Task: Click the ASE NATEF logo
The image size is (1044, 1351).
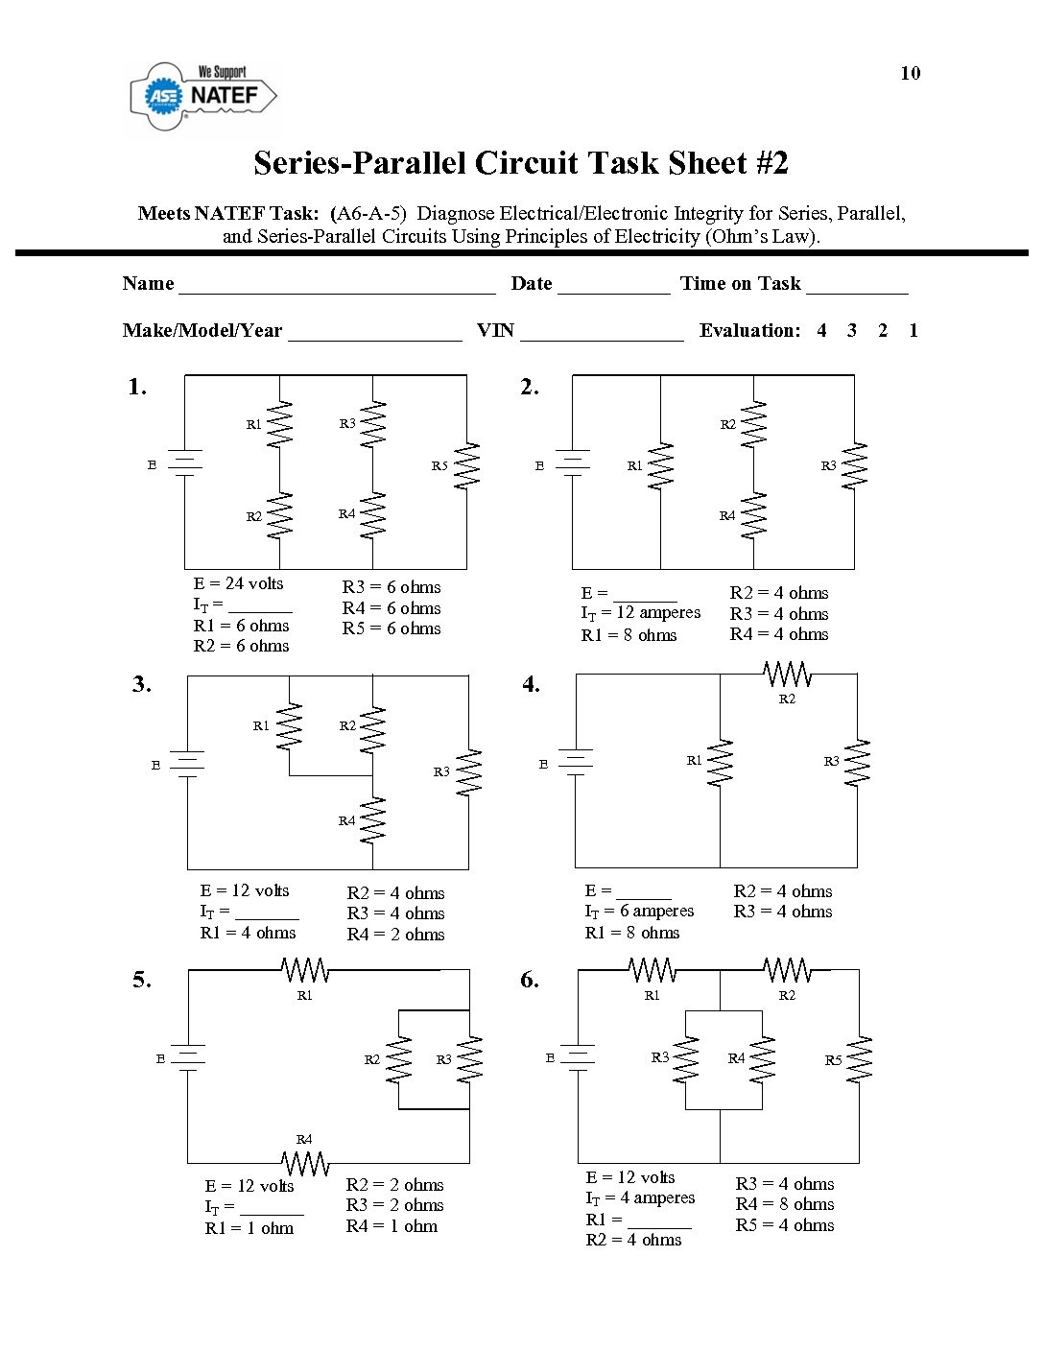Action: point(203,97)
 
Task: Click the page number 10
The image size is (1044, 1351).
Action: point(910,73)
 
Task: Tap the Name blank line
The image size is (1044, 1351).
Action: point(337,287)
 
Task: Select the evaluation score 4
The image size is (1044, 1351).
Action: point(821,331)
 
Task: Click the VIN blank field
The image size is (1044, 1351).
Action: point(602,335)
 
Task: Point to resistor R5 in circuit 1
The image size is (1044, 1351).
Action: point(466,465)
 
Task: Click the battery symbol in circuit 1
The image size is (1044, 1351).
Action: point(184,463)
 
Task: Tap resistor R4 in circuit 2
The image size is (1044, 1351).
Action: point(754,515)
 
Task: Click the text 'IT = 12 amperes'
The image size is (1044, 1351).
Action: point(640,613)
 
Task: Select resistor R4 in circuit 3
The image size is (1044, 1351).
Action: point(372,819)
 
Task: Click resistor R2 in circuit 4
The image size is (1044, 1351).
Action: point(788,675)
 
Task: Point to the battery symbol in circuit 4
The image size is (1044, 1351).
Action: point(575,764)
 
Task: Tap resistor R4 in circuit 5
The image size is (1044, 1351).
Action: point(305,1163)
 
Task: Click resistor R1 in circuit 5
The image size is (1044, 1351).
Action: point(305,971)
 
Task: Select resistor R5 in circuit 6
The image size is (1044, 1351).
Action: point(860,1059)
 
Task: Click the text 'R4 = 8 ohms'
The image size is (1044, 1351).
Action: point(785,1204)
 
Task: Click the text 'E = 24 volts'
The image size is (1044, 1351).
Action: point(238,583)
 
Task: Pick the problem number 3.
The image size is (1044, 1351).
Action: point(142,684)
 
